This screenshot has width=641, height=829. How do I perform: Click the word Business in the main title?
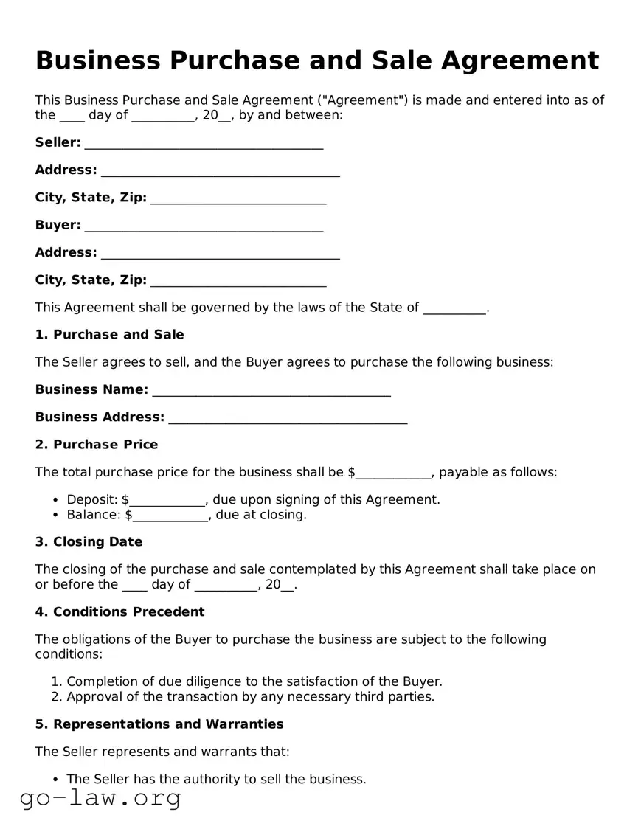click(x=97, y=60)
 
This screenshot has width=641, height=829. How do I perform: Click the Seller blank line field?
click(x=204, y=144)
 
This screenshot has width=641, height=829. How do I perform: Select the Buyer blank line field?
click(x=204, y=226)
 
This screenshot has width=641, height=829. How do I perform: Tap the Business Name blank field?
click(x=271, y=391)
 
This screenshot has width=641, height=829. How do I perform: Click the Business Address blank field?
click(x=288, y=419)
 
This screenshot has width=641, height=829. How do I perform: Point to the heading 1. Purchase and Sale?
click(x=109, y=335)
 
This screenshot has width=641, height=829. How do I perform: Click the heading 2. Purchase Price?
click(x=96, y=445)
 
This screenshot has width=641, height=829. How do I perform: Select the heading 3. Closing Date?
click(x=89, y=542)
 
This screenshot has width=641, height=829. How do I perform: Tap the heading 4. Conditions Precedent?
click(x=119, y=612)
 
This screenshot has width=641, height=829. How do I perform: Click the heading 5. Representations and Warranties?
click(x=159, y=724)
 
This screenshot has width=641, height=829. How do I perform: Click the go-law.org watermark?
click(x=100, y=798)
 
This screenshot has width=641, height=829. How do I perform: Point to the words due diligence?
click(x=181, y=682)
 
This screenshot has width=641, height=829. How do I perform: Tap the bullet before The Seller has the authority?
click(x=56, y=780)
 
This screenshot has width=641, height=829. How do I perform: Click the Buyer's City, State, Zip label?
click(x=91, y=280)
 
